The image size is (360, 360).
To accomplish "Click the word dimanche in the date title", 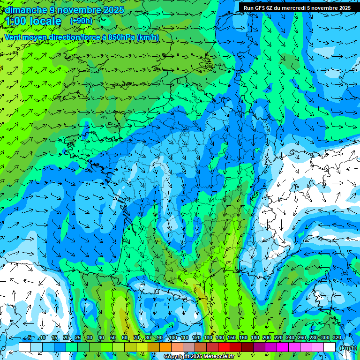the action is (26, 10).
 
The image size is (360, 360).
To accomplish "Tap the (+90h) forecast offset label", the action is (81, 21).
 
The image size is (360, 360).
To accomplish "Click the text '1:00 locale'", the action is (34, 21).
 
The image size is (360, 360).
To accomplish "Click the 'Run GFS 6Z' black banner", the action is (297, 8).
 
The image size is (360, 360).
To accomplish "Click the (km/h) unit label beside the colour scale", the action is (347, 347).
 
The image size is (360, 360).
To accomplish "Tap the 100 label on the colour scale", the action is (173, 338).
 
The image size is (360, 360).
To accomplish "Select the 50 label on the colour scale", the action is (113, 338).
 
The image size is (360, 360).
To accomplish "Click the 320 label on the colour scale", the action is (337, 338).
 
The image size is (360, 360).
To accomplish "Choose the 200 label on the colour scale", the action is (267, 338).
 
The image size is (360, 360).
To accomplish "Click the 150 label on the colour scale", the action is (232, 338).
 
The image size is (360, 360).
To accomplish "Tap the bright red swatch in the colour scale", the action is (224, 347).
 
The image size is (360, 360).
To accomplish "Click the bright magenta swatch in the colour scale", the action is (283, 347).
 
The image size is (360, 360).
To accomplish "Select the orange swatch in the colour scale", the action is (165, 347).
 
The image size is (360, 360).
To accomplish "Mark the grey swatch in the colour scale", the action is (189, 347).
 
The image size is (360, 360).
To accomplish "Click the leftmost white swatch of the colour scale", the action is (25, 347).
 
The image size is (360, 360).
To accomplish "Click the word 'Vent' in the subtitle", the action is (13, 37).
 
